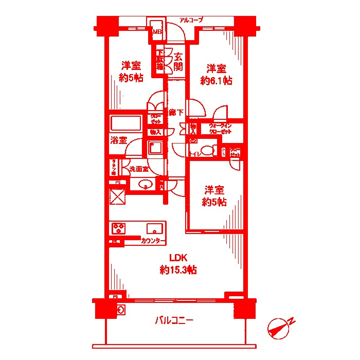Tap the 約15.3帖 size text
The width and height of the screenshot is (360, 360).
coord(177,269)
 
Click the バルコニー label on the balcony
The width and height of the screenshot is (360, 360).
coord(174,321)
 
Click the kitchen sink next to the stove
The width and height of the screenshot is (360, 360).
coord(155,228)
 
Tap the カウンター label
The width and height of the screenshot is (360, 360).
coord(153,241)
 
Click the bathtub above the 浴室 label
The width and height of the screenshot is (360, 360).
coord(125,124)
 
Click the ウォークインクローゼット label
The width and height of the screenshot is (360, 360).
coord(220,129)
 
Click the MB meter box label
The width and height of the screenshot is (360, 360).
coord(156,32)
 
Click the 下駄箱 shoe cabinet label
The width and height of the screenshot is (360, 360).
coord(160,60)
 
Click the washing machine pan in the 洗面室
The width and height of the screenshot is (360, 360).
coord(154,149)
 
